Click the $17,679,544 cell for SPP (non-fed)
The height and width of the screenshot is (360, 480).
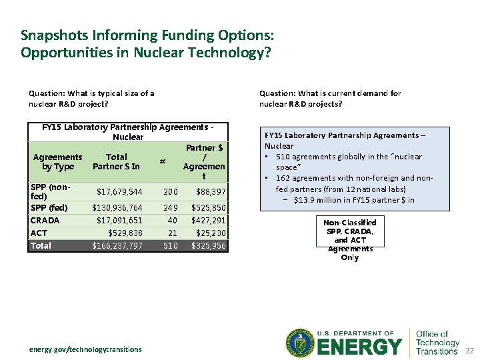[119, 192]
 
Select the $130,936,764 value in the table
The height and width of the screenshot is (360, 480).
[117, 207]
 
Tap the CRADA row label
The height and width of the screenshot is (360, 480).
[45, 220]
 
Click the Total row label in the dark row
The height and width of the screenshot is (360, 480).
[41, 245]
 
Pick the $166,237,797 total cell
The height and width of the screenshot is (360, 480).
[117, 245]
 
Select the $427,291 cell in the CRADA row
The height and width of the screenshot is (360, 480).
[208, 220]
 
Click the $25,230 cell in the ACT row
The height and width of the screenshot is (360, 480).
[210, 233]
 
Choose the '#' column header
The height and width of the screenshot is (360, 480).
[163, 161]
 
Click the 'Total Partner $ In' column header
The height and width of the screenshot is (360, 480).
[116, 161]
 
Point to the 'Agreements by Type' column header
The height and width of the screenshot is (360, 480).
[58, 161]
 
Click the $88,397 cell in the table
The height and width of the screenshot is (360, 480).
[210, 192]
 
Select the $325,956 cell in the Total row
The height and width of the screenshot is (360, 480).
[208, 245]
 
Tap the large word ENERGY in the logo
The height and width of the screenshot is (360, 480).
[359, 347]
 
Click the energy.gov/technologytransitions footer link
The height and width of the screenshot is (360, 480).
[85, 349]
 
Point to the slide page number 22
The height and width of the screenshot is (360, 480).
[469, 351]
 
